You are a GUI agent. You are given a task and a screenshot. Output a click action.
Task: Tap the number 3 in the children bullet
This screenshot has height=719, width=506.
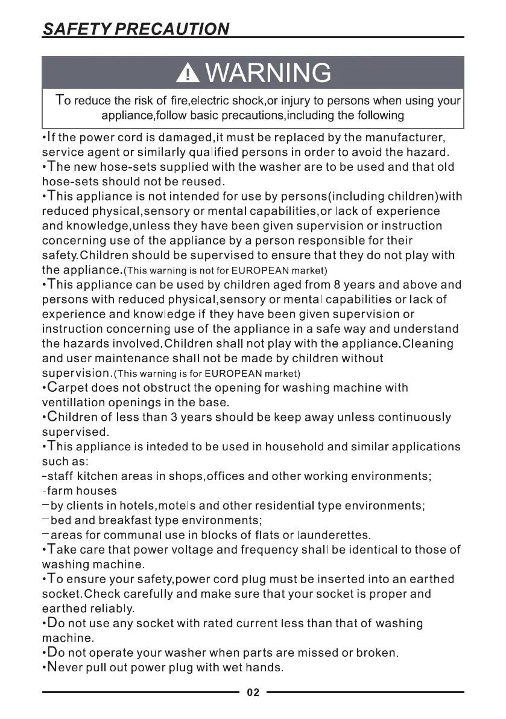[x=171, y=417]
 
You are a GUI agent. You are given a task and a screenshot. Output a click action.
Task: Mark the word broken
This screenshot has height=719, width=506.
[x=375, y=653]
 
